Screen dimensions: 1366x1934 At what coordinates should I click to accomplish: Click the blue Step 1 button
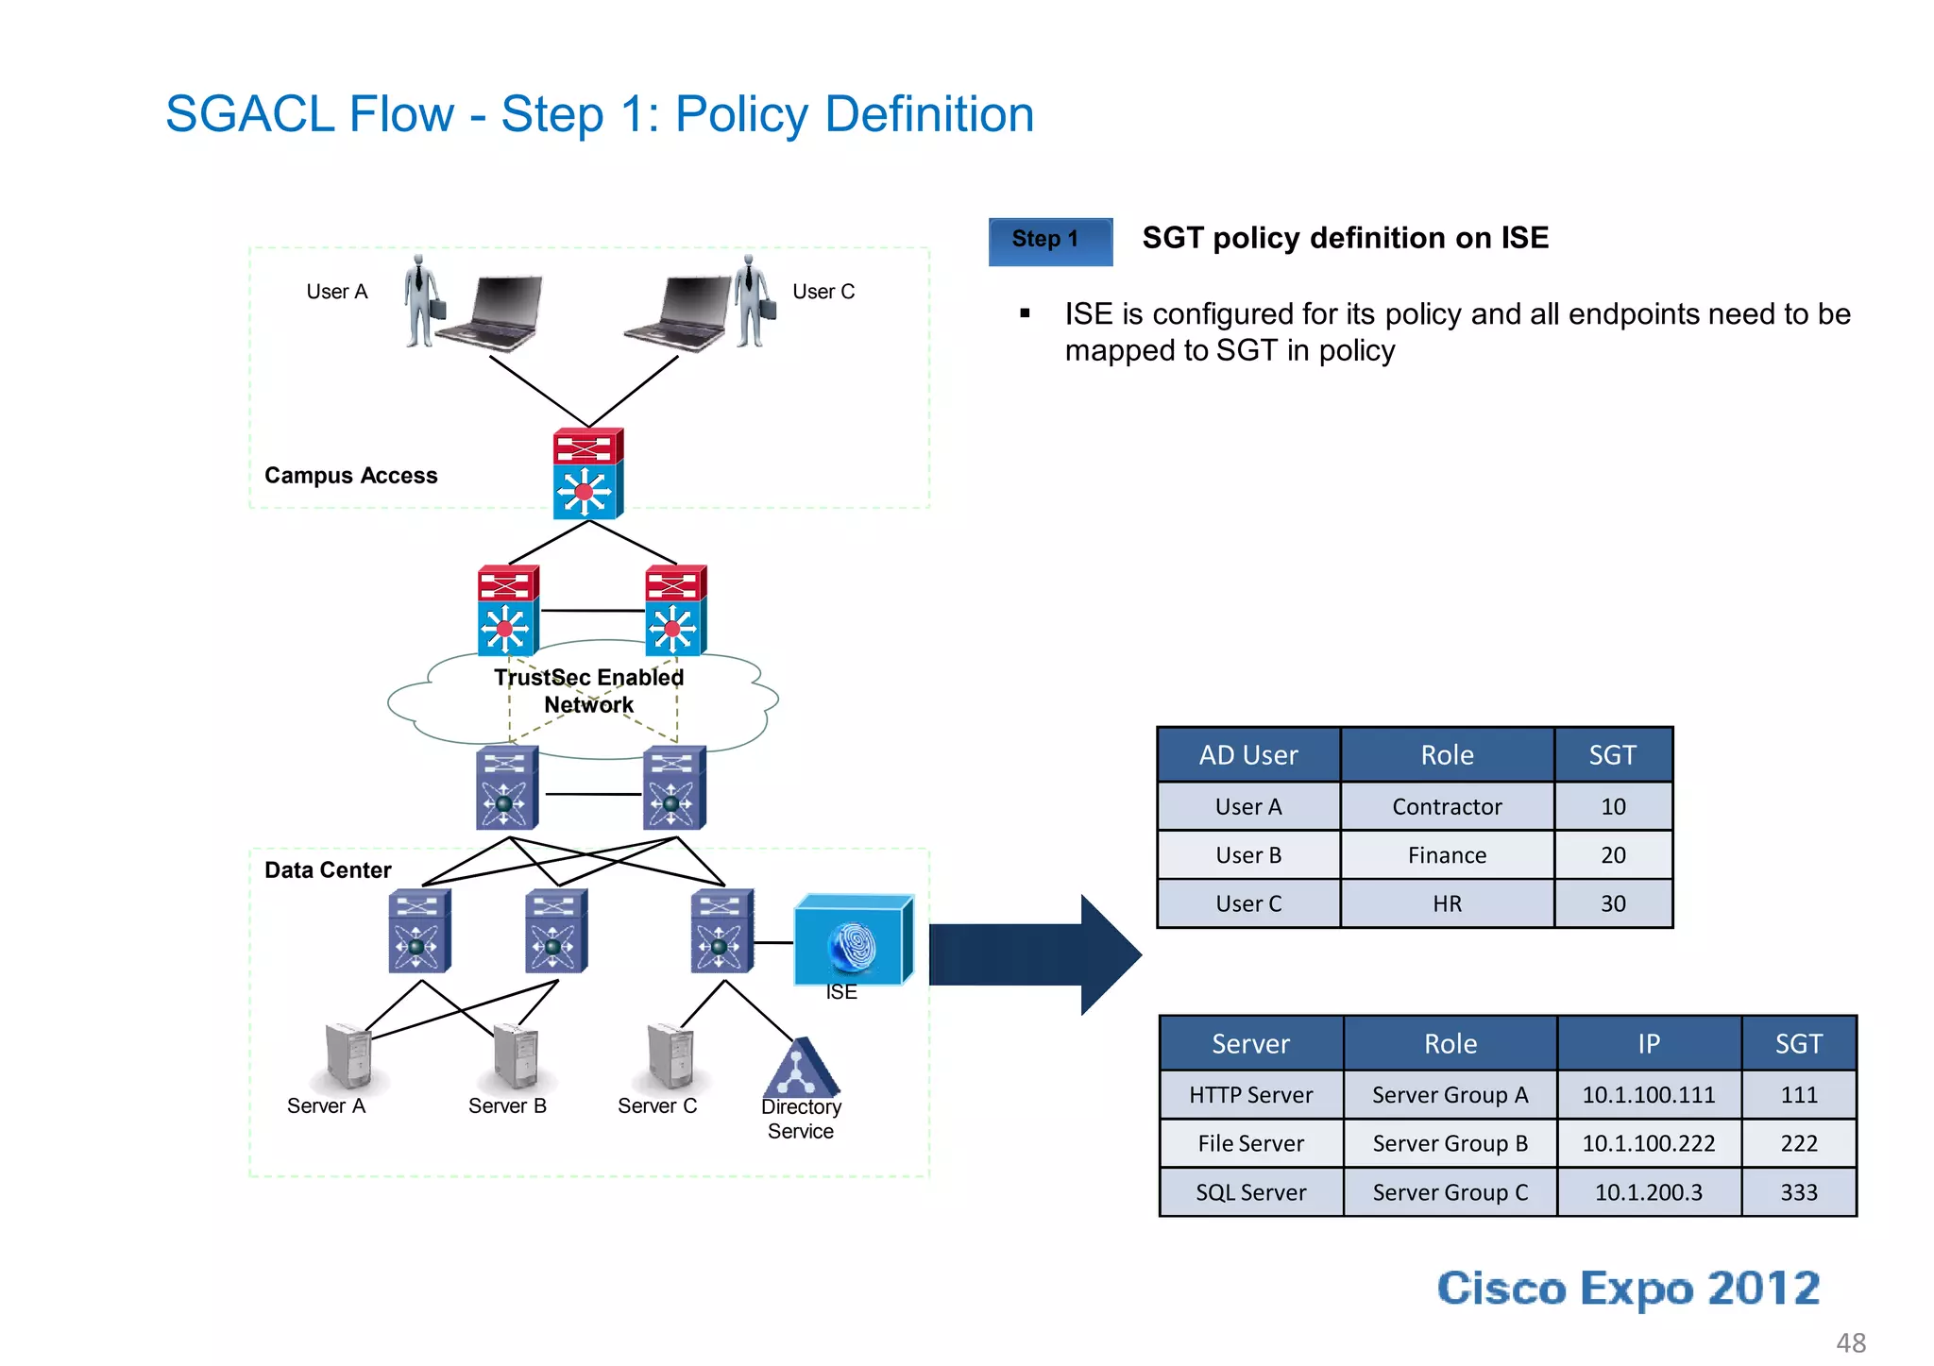pyautogui.click(x=1049, y=241)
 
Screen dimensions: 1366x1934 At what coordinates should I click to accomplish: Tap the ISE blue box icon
pyautogui.click(x=853, y=940)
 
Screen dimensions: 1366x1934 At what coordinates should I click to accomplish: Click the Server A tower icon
pyautogui.click(x=348, y=1055)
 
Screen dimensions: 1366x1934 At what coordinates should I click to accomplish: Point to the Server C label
pyautogui.click(x=656, y=1105)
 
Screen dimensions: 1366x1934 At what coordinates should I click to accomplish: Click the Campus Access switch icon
pyautogui.click(x=587, y=473)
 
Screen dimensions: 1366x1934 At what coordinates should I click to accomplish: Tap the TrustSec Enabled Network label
pyautogui.click(x=588, y=691)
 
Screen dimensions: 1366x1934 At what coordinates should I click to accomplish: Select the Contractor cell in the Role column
pyautogui.click(x=1446, y=806)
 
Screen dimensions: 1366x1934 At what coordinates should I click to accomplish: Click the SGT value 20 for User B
pyautogui.click(x=1612, y=855)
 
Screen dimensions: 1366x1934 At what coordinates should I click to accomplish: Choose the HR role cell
pyautogui.click(x=1446, y=904)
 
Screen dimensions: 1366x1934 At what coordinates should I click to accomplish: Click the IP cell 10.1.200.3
pyautogui.click(x=1648, y=1192)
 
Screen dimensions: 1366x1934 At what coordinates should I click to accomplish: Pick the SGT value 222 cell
pyautogui.click(x=1798, y=1143)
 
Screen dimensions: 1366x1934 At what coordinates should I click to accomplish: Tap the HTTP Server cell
pyautogui.click(x=1250, y=1095)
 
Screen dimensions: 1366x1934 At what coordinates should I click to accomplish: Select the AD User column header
pyautogui.click(x=1247, y=755)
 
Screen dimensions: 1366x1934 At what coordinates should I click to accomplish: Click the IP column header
pyautogui.click(x=1648, y=1043)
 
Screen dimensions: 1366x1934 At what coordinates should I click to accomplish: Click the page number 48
pyautogui.click(x=1850, y=1342)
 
